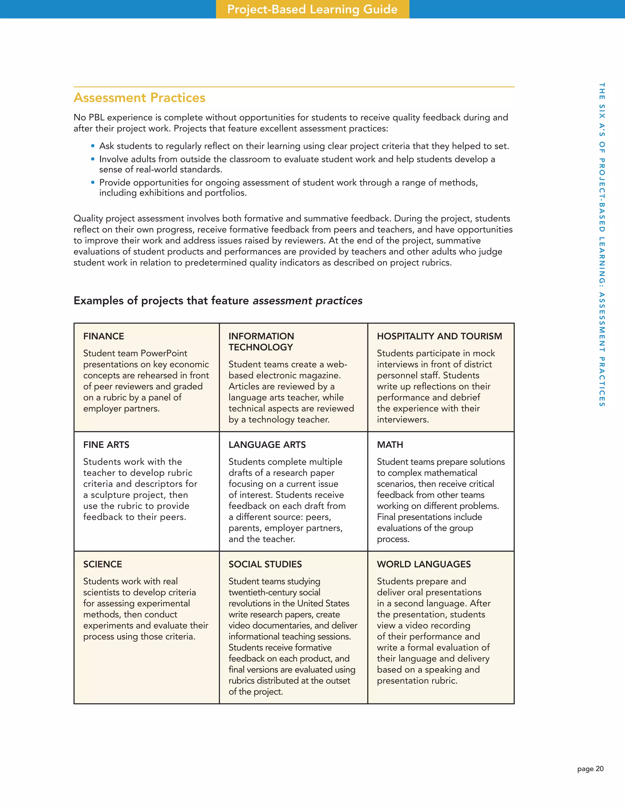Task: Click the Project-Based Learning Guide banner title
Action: click(x=312, y=9)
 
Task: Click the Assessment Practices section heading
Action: click(x=139, y=97)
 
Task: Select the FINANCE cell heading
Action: click(x=104, y=336)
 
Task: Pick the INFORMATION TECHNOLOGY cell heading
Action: click(x=261, y=342)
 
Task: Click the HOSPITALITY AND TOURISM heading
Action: click(x=439, y=336)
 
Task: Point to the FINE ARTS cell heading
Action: click(x=106, y=444)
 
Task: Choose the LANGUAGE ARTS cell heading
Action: click(x=267, y=444)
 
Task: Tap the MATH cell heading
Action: click(x=390, y=444)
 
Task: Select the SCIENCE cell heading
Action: click(x=103, y=564)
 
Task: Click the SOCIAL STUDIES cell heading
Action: click(x=265, y=564)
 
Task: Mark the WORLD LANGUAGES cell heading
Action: click(x=424, y=564)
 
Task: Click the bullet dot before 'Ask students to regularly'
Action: click(x=93, y=146)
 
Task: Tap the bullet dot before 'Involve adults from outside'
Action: click(x=93, y=159)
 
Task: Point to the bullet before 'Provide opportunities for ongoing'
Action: click(x=93, y=183)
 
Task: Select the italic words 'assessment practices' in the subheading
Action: click(x=307, y=300)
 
